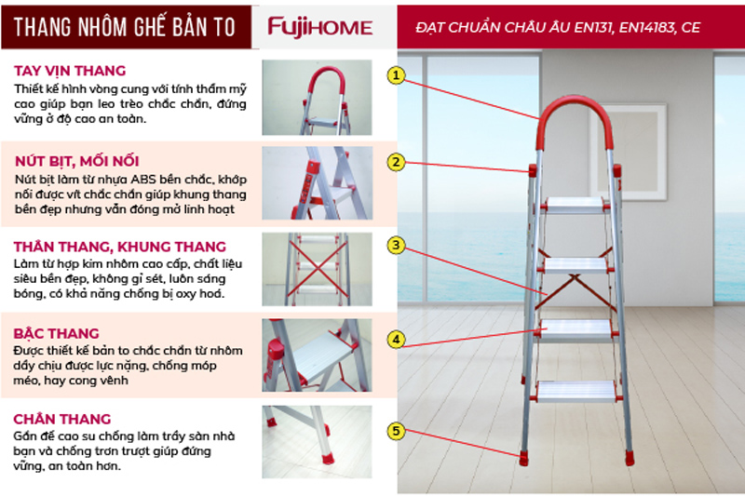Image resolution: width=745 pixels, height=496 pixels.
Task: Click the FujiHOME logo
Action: [x=319, y=27]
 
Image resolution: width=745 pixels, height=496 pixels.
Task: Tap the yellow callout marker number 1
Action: [x=397, y=75]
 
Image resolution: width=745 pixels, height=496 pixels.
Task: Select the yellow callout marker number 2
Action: [x=397, y=162]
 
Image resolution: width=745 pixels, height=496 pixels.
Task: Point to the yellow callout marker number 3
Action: [x=397, y=246]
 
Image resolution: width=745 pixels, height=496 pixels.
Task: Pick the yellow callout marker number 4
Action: [x=397, y=340]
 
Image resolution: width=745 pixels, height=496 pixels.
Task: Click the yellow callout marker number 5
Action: [x=397, y=431]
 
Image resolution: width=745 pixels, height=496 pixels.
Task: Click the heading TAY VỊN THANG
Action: [x=70, y=71]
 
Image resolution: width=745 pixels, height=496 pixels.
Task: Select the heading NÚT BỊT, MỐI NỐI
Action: [x=76, y=161]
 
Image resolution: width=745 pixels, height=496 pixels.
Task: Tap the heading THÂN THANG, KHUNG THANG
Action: [x=120, y=247]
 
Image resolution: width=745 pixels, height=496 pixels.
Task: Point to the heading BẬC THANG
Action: [x=56, y=333]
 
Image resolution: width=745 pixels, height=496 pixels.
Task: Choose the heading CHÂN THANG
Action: [x=61, y=419]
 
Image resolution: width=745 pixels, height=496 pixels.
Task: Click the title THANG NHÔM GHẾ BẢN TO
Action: [x=125, y=27]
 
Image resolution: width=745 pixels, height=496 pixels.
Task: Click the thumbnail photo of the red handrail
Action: [x=317, y=98]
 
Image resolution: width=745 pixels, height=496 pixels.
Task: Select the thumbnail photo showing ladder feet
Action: [x=317, y=441]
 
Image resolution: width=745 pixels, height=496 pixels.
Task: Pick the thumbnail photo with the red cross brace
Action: [x=317, y=269]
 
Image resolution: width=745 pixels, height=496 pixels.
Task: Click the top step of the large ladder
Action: [x=575, y=205]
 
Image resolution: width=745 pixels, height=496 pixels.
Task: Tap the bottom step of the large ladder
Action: [x=576, y=392]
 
